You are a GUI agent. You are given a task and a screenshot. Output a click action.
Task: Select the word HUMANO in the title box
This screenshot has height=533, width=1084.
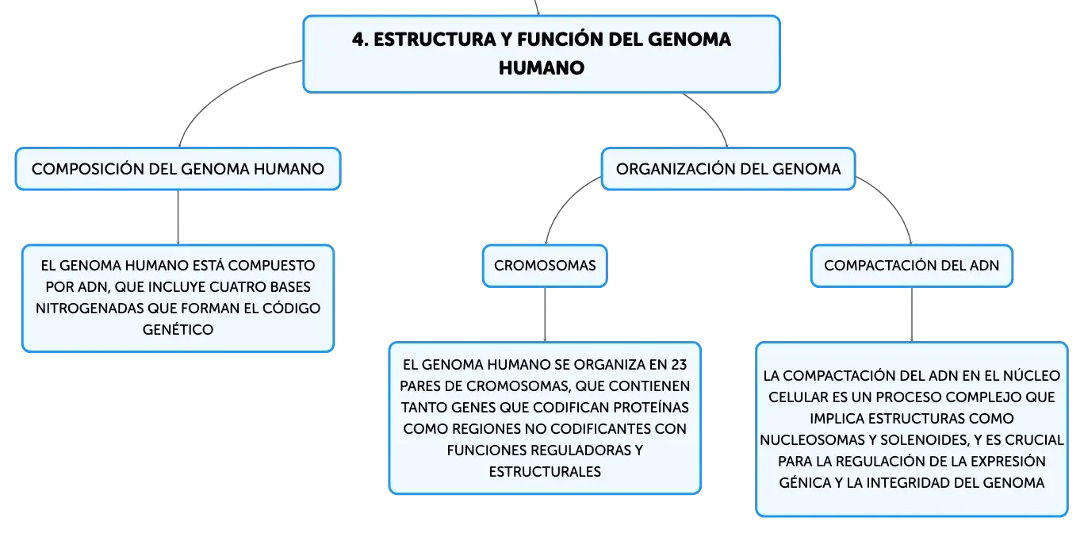(542, 67)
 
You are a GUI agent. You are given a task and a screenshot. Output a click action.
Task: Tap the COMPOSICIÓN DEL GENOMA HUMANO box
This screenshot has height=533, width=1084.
(178, 169)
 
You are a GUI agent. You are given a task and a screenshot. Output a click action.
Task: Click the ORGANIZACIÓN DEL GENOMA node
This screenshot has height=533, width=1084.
(728, 169)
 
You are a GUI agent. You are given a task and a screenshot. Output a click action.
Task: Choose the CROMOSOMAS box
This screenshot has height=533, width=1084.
(545, 266)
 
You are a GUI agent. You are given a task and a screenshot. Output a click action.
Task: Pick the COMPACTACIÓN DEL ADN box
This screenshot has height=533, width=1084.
(912, 266)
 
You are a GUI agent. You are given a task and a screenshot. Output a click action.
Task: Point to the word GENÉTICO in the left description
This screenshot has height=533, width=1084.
(178, 330)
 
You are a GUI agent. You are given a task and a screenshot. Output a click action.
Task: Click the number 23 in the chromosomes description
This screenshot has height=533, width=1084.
(679, 365)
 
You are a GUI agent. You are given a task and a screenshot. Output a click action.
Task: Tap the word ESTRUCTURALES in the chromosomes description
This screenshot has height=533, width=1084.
(545, 471)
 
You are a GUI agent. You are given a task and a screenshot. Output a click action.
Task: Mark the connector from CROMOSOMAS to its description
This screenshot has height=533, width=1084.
(545, 315)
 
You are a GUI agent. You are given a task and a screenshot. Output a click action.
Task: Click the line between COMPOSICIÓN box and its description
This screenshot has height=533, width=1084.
(178, 217)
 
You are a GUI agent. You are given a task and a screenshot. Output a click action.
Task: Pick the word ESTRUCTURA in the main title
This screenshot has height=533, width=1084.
(435, 40)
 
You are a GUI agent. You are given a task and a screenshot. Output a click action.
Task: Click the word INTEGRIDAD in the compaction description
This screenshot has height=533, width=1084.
(908, 483)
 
